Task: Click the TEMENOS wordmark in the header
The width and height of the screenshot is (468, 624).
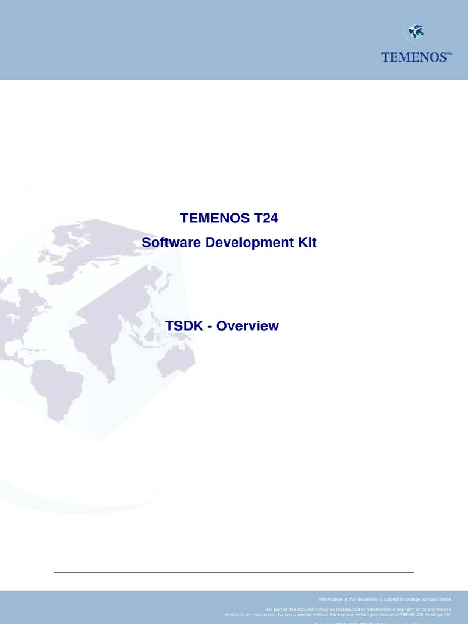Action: [x=414, y=57]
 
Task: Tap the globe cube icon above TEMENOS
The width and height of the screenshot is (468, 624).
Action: [x=416, y=32]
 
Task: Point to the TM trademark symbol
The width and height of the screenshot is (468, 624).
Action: [x=450, y=54]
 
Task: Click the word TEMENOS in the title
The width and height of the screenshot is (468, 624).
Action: [x=207, y=218]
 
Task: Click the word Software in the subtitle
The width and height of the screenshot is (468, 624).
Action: [x=171, y=243]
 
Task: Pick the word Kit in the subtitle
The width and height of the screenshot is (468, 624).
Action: [x=307, y=243]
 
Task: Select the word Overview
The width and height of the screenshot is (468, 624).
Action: [x=247, y=326]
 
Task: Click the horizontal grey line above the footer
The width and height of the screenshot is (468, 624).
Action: [x=234, y=572]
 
